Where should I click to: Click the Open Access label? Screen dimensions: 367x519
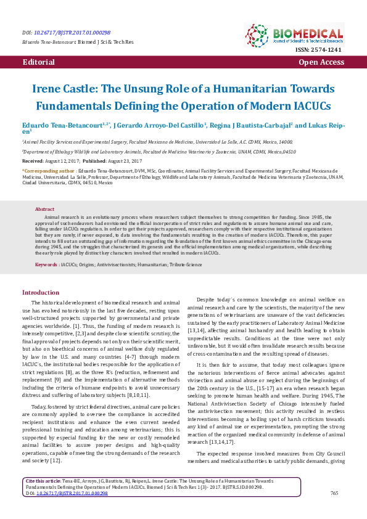coord(321,63)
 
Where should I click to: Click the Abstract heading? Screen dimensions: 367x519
coord(45,210)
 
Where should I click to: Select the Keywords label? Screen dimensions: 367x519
coord(47,264)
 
